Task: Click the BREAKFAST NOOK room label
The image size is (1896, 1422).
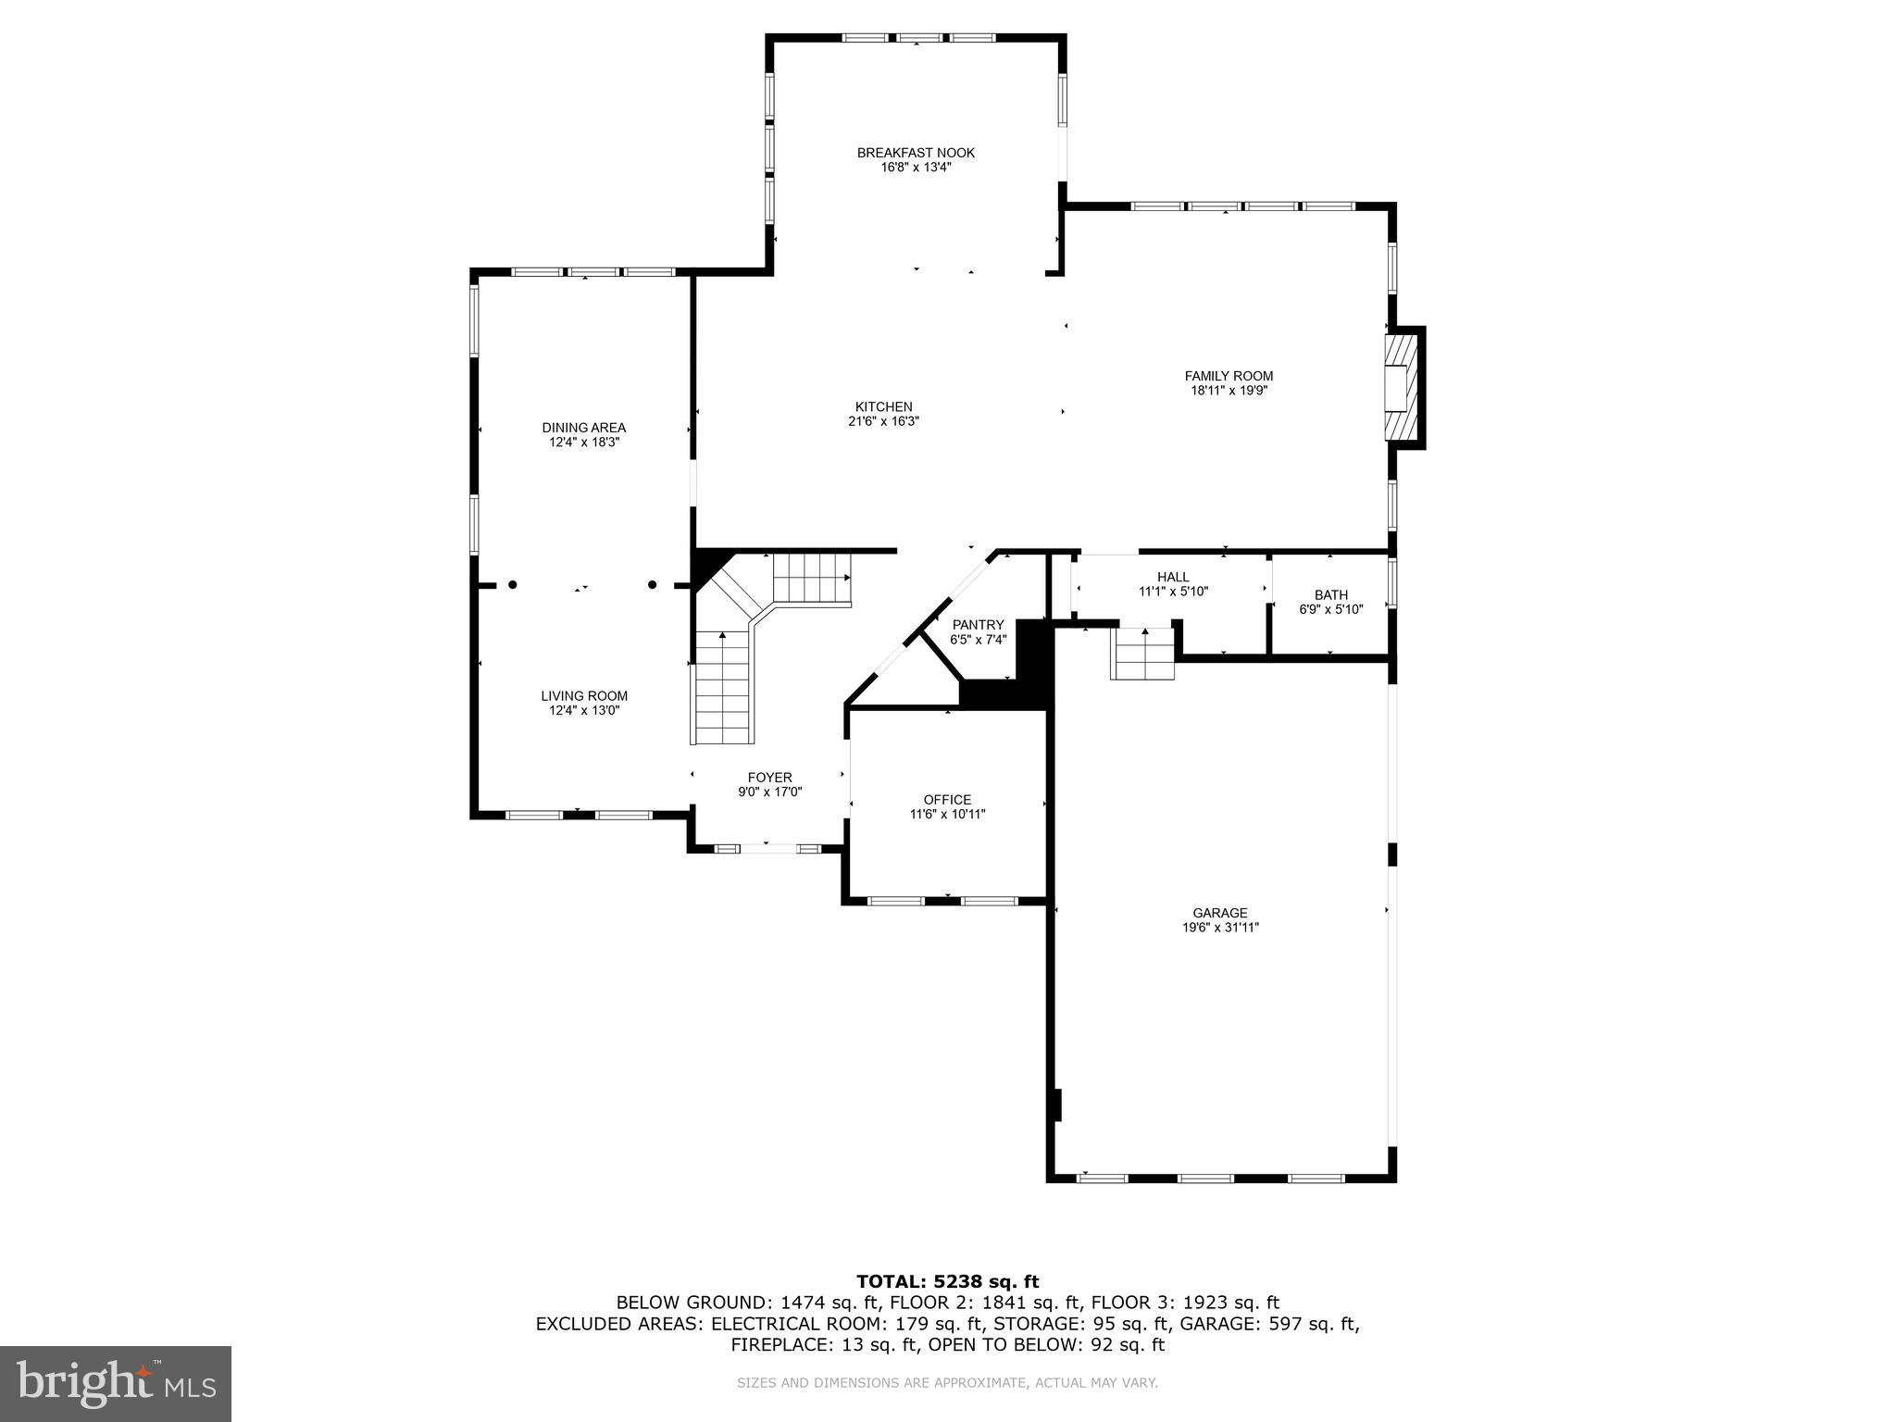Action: point(916,153)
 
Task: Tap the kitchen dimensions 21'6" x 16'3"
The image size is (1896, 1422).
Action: point(883,421)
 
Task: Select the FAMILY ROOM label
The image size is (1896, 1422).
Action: point(1229,376)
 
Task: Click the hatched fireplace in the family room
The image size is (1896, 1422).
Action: point(1401,387)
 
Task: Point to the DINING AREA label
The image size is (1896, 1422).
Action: point(583,428)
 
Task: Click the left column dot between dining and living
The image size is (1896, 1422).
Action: point(512,585)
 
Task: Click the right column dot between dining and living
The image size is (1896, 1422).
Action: point(652,585)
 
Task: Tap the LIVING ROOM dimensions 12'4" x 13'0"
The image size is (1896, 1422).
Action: point(583,711)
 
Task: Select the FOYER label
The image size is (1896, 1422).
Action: point(769,778)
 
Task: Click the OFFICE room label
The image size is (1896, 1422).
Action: point(947,800)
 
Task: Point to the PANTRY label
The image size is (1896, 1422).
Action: point(978,625)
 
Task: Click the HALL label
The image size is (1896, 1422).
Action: point(1173,577)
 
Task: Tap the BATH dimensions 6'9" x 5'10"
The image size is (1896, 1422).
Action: point(1331,609)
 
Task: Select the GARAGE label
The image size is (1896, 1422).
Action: point(1219,913)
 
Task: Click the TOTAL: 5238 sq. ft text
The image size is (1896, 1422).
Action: point(947,1281)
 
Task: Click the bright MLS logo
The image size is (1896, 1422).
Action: point(116,1383)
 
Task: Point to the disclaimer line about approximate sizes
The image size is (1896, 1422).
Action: point(947,1383)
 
